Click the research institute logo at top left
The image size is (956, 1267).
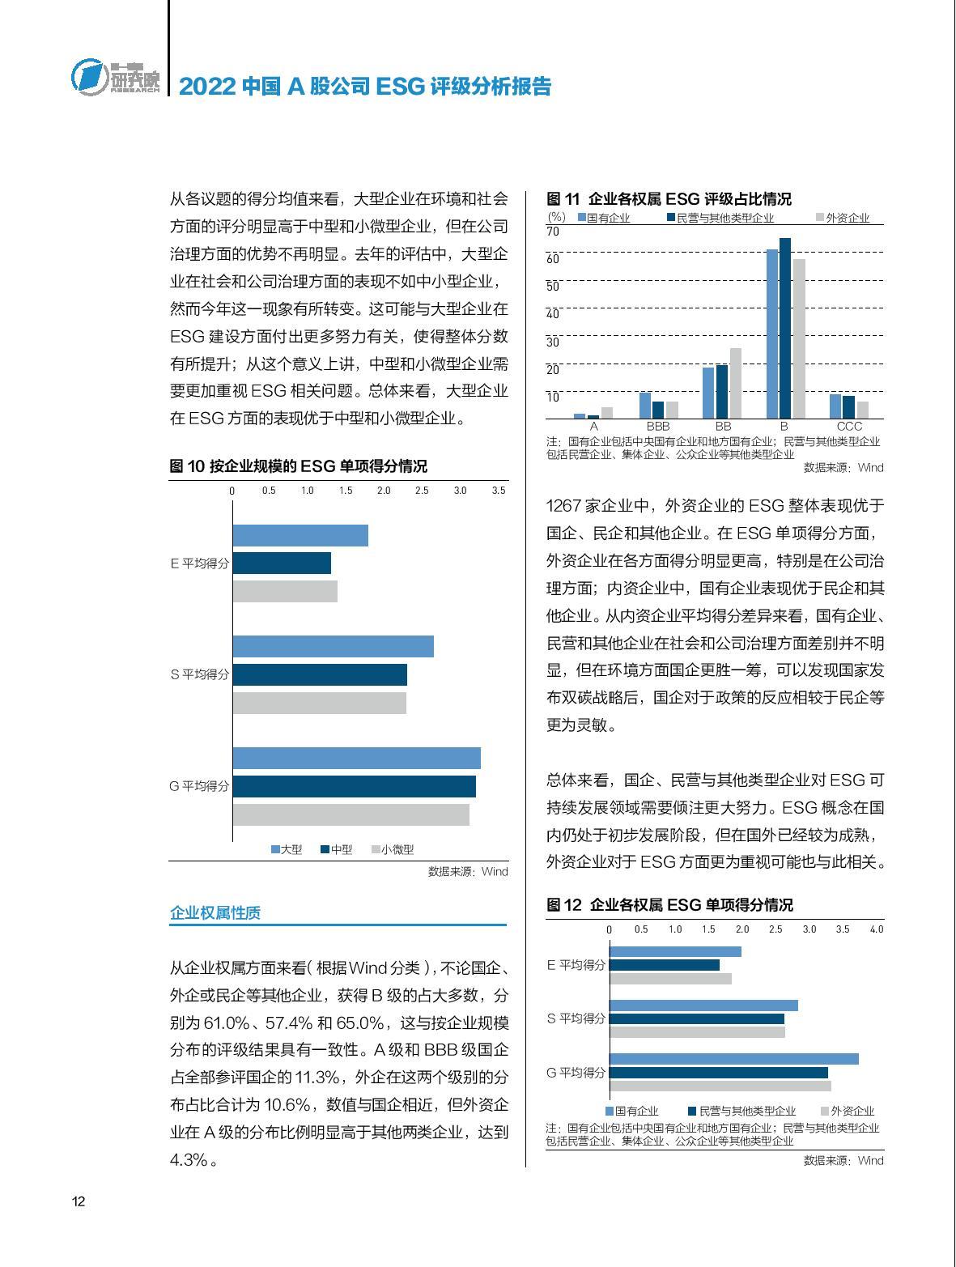click(x=115, y=77)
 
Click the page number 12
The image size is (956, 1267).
click(x=79, y=1201)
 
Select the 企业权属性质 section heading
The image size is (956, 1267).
click(x=215, y=912)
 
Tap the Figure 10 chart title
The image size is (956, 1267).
click(x=298, y=466)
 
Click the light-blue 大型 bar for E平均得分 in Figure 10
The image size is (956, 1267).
click(x=300, y=535)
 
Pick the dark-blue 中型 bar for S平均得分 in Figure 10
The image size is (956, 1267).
click(x=320, y=675)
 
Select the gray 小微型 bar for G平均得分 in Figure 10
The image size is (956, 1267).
click(x=351, y=814)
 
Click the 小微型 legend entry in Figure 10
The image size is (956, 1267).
click(x=393, y=849)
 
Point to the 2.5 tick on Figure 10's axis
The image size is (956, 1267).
click(x=422, y=491)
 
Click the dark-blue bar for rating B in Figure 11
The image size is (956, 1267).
click(x=785, y=328)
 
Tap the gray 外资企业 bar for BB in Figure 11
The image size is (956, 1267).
click(x=736, y=383)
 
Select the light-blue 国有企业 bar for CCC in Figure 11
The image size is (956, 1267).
click(x=835, y=406)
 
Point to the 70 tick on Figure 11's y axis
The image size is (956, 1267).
click(x=553, y=232)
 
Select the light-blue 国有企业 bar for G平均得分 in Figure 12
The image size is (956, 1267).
click(x=733, y=1059)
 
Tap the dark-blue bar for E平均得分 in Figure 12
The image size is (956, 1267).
click(x=665, y=965)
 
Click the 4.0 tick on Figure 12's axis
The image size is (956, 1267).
click(x=877, y=929)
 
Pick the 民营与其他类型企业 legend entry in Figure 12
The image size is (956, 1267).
click(x=741, y=1111)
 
